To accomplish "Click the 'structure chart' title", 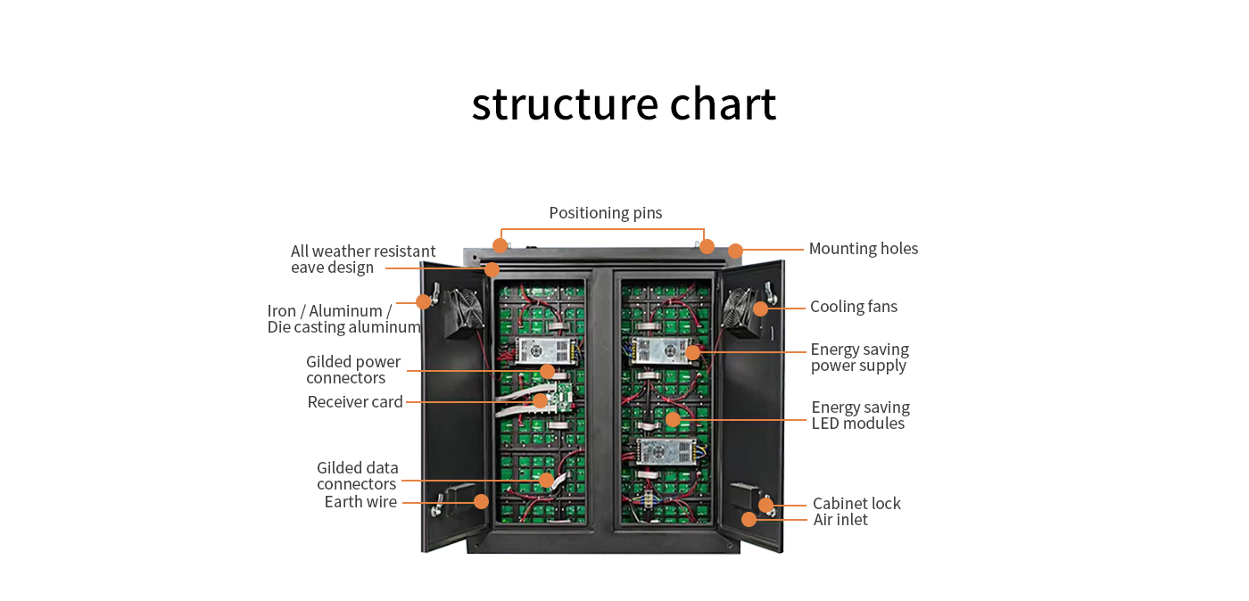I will click(x=624, y=104).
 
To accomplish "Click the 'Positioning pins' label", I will click(x=605, y=213).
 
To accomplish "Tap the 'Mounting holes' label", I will click(x=863, y=249).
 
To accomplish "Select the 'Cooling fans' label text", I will click(x=853, y=307).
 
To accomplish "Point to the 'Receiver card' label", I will click(x=355, y=402).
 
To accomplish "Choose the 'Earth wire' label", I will click(x=360, y=502).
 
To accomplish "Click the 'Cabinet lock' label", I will click(x=856, y=504).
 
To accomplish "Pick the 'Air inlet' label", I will click(x=840, y=520).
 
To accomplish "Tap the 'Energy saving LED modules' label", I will click(x=860, y=416).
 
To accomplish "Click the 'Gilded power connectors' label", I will click(x=353, y=370).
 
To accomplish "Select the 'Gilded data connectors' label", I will click(x=357, y=476).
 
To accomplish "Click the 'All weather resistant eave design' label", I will click(x=363, y=259).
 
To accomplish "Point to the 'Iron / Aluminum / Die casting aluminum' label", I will click(x=343, y=319).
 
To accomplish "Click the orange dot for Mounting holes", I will click(x=735, y=251).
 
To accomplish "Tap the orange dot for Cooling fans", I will click(x=760, y=309).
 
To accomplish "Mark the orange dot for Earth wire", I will click(x=481, y=501).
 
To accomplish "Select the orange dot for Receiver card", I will click(x=540, y=401).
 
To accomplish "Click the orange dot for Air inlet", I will click(x=749, y=518).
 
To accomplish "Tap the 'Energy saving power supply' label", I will click(x=859, y=358).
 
